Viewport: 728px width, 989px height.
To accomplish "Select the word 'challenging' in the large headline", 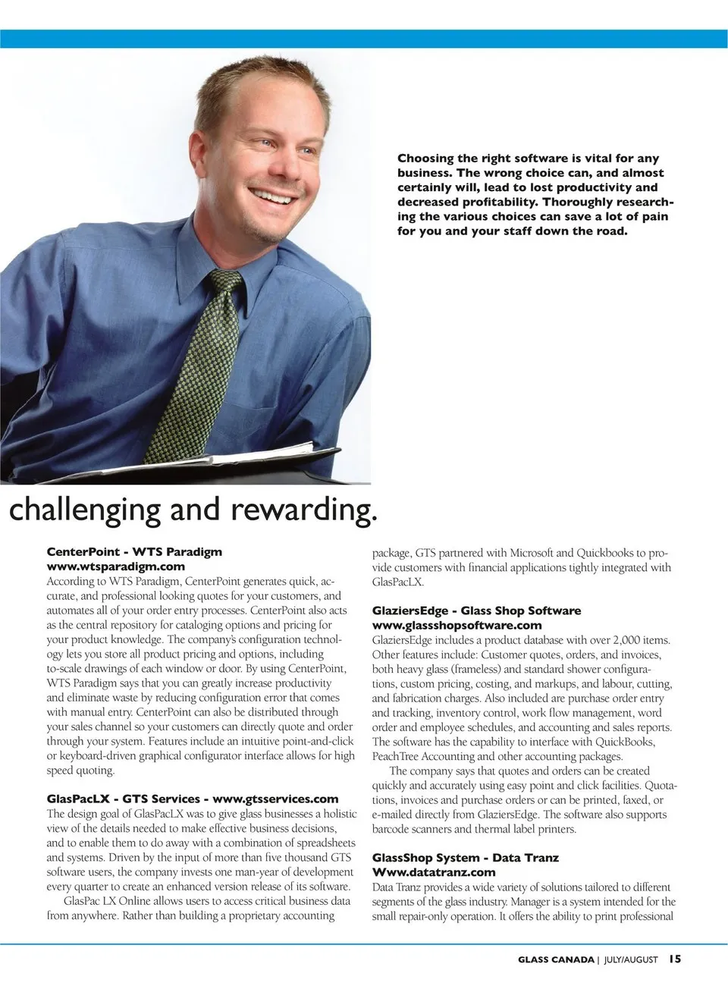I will [x=84, y=510].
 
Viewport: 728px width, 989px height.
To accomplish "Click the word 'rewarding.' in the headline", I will [x=303, y=510].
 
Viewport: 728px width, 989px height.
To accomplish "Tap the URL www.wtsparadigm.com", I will [x=116, y=567].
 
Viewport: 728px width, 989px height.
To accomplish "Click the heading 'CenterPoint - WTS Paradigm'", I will [x=134, y=552].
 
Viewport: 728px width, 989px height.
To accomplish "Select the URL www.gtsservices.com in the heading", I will [x=275, y=799].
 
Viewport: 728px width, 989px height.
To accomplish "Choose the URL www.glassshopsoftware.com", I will [x=457, y=625].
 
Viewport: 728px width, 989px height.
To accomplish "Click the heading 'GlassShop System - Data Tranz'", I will [x=465, y=858].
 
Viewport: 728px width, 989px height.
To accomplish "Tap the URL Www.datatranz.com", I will [x=433, y=872].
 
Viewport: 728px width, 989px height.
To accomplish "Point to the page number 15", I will [x=675, y=959].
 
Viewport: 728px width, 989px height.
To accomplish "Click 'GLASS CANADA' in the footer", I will [x=556, y=959].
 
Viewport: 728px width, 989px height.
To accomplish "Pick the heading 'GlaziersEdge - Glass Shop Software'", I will [x=476, y=611].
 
